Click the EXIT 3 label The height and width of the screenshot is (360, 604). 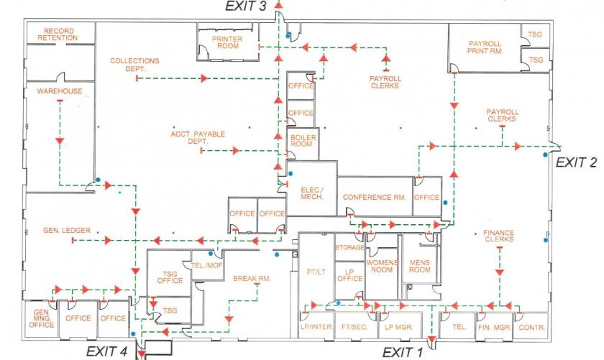click(x=246, y=6)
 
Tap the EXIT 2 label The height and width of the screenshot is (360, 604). click(x=576, y=162)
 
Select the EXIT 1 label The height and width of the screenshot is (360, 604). click(x=403, y=352)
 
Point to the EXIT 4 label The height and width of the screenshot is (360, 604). click(x=106, y=351)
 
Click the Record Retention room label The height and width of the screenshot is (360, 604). click(x=58, y=34)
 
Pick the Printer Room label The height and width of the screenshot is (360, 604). click(x=227, y=42)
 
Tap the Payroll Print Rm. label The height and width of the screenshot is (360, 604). click(x=485, y=47)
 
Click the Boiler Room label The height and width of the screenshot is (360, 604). click(x=303, y=141)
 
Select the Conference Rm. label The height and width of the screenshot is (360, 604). click(x=375, y=197)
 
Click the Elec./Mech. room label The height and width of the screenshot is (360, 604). click(x=312, y=193)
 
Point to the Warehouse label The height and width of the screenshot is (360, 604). click(x=60, y=91)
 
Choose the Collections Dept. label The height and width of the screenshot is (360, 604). click(x=135, y=65)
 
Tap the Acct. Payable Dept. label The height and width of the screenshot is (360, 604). click(x=198, y=137)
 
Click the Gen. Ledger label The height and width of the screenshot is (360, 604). click(x=67, y=230)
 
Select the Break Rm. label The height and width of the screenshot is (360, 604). click(x=252, y=278)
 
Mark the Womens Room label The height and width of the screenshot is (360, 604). click(x=382, y=266)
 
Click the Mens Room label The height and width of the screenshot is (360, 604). click(x=419, y=266)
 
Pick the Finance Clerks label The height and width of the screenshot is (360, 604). click(x=499, y=236)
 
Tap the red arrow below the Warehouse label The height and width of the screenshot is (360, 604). click(x=59, y=142)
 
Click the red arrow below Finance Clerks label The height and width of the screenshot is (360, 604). click(x=500, y=272)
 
